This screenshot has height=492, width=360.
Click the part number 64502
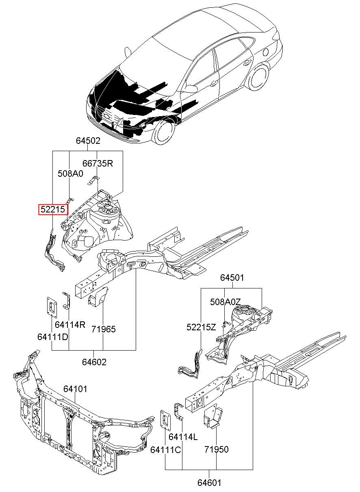click(88, 141)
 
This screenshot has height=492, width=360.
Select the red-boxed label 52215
click(53, 210)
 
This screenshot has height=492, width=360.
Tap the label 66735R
click(98, 163)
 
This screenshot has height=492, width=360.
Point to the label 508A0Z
click(226, 302)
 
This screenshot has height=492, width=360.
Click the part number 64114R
click(70, 325)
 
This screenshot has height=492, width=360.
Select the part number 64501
click(232, 278)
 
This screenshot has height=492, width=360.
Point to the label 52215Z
click(201, 327)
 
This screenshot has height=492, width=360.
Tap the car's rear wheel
click(258, 77)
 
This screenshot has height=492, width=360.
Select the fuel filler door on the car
click(266, 52)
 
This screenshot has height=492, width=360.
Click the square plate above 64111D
click(52, 307)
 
